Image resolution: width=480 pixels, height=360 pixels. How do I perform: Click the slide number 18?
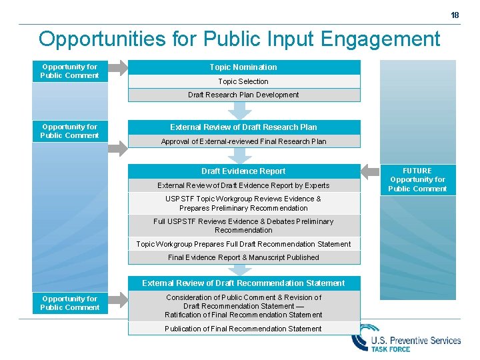[455, 15]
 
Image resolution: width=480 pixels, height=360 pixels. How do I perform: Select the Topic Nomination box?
[243, 67]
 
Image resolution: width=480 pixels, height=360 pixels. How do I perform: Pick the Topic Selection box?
[243, 81]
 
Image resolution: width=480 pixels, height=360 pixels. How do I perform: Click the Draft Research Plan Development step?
[243, 95]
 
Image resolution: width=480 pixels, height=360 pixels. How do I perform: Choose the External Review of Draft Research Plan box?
[243, 127]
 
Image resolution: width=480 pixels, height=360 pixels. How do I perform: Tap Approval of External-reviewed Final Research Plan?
[243, 141]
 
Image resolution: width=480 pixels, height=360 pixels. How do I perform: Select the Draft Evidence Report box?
[243, 171]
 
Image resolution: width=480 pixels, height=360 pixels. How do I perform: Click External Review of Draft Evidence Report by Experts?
[243, 185]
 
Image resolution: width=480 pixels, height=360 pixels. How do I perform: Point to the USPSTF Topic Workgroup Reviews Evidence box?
[243, 203]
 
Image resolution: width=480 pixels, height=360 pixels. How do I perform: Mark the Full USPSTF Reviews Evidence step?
[243, 225]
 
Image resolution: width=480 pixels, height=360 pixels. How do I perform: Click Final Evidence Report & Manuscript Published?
[243, 257]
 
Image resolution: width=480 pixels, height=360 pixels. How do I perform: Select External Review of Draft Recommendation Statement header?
[243, 283]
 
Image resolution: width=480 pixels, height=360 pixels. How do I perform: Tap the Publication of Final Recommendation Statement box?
[243, 329]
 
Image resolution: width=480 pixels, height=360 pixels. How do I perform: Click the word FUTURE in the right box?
[417, 171]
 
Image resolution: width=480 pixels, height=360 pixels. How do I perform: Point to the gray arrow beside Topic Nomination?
[117, 67]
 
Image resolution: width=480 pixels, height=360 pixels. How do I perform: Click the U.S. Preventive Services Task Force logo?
[407, 340]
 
